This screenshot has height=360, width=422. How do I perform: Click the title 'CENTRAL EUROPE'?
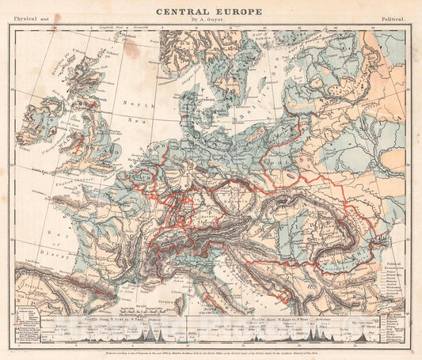tap(210, 11)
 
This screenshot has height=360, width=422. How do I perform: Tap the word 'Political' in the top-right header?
tap(393, 17)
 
